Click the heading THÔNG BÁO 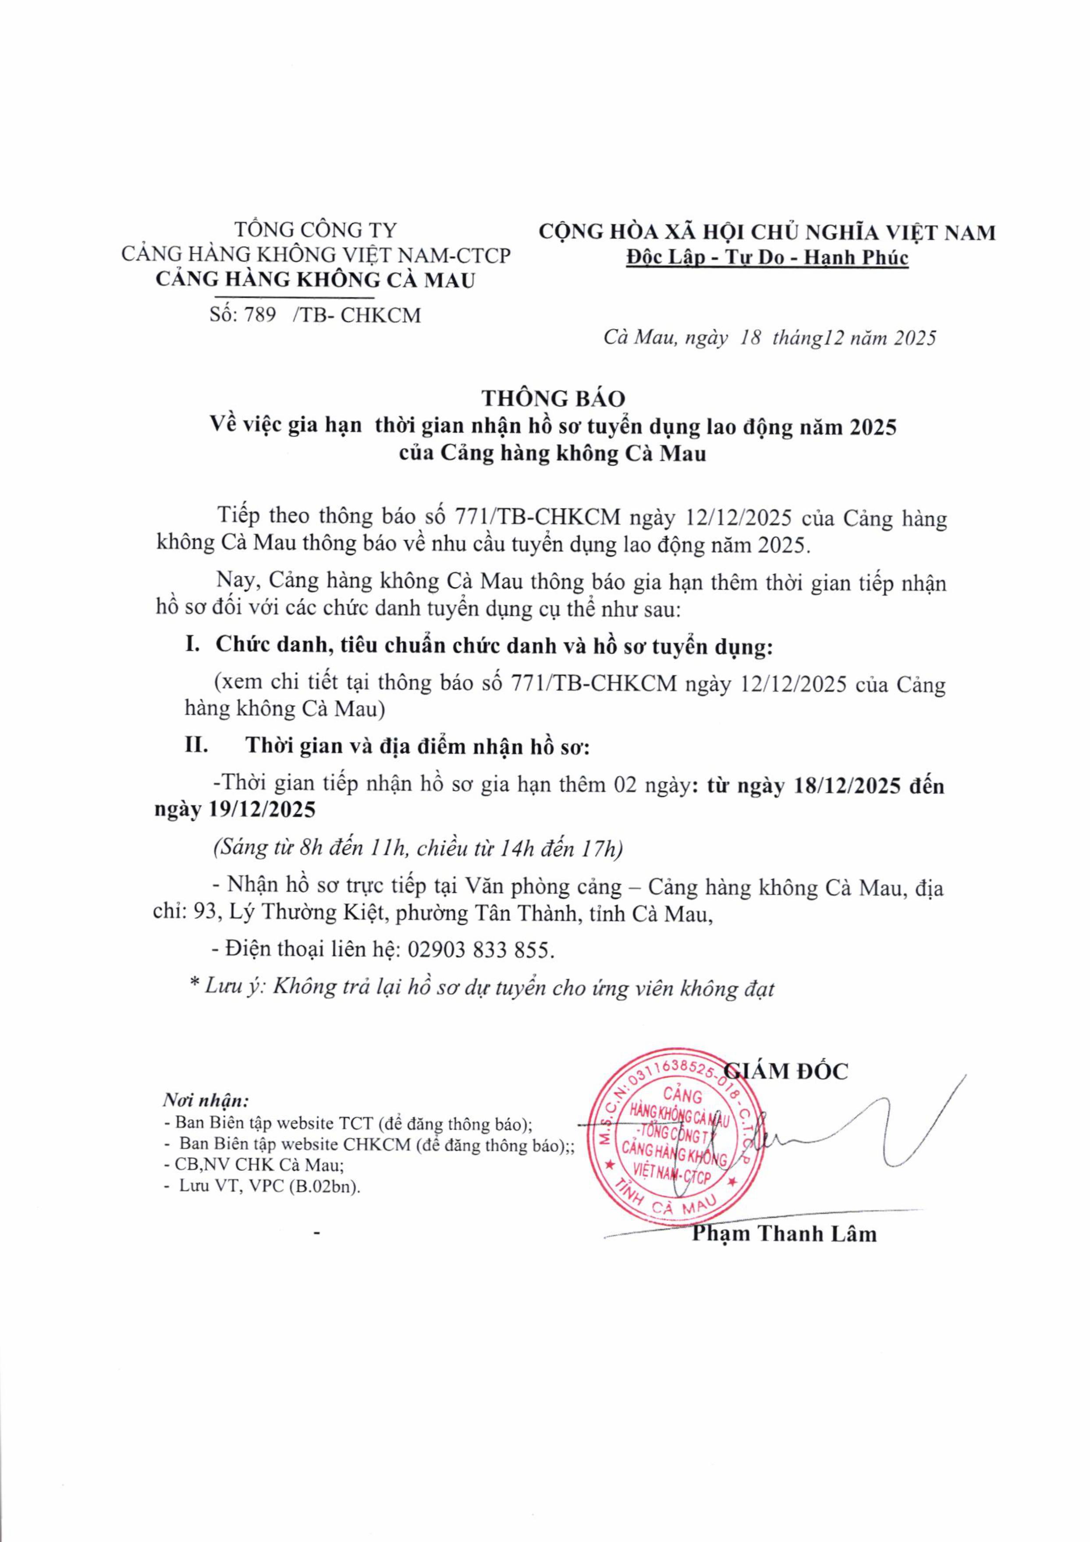point(553,398)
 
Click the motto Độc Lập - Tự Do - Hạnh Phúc point(766,257)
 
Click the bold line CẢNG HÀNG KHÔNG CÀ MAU point(315,279)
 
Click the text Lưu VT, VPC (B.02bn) point(269,1186)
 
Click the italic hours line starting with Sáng point(418,849)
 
